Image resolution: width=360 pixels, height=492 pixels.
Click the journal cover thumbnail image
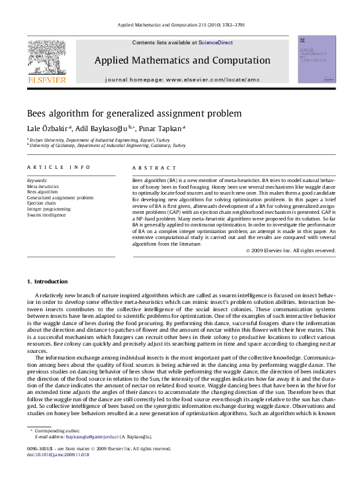pos(316,60)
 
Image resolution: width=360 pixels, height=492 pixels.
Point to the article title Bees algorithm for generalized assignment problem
pos(134,113)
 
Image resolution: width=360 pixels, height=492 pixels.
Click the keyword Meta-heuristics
pos(42,187)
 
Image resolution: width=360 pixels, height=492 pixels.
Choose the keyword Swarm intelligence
pos(46,215)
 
